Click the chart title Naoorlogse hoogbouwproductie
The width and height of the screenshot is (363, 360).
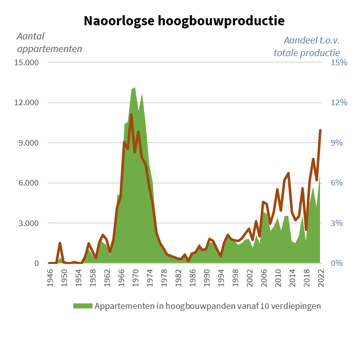184,21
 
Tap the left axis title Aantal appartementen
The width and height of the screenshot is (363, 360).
50,42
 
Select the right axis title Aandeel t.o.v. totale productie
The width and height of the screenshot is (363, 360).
307,47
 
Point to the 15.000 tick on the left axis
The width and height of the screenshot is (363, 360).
26,63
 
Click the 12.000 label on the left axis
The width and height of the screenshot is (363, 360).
26,103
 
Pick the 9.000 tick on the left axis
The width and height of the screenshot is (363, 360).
28,143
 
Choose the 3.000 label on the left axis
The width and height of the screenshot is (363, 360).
28,223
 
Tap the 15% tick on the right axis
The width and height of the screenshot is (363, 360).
339,63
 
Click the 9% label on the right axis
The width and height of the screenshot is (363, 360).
337,143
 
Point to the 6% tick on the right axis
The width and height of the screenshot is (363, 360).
337,183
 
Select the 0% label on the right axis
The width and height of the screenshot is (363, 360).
337,263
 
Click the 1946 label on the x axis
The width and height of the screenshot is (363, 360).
50,278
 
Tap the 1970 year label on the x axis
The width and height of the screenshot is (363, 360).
135,278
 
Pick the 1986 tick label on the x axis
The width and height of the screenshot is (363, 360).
193,278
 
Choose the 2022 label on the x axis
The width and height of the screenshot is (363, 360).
321,278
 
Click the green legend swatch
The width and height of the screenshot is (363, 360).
83,306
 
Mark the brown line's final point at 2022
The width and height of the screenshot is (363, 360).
321,130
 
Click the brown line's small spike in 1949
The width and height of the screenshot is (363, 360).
60,243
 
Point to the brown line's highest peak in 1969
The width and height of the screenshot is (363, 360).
131,115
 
